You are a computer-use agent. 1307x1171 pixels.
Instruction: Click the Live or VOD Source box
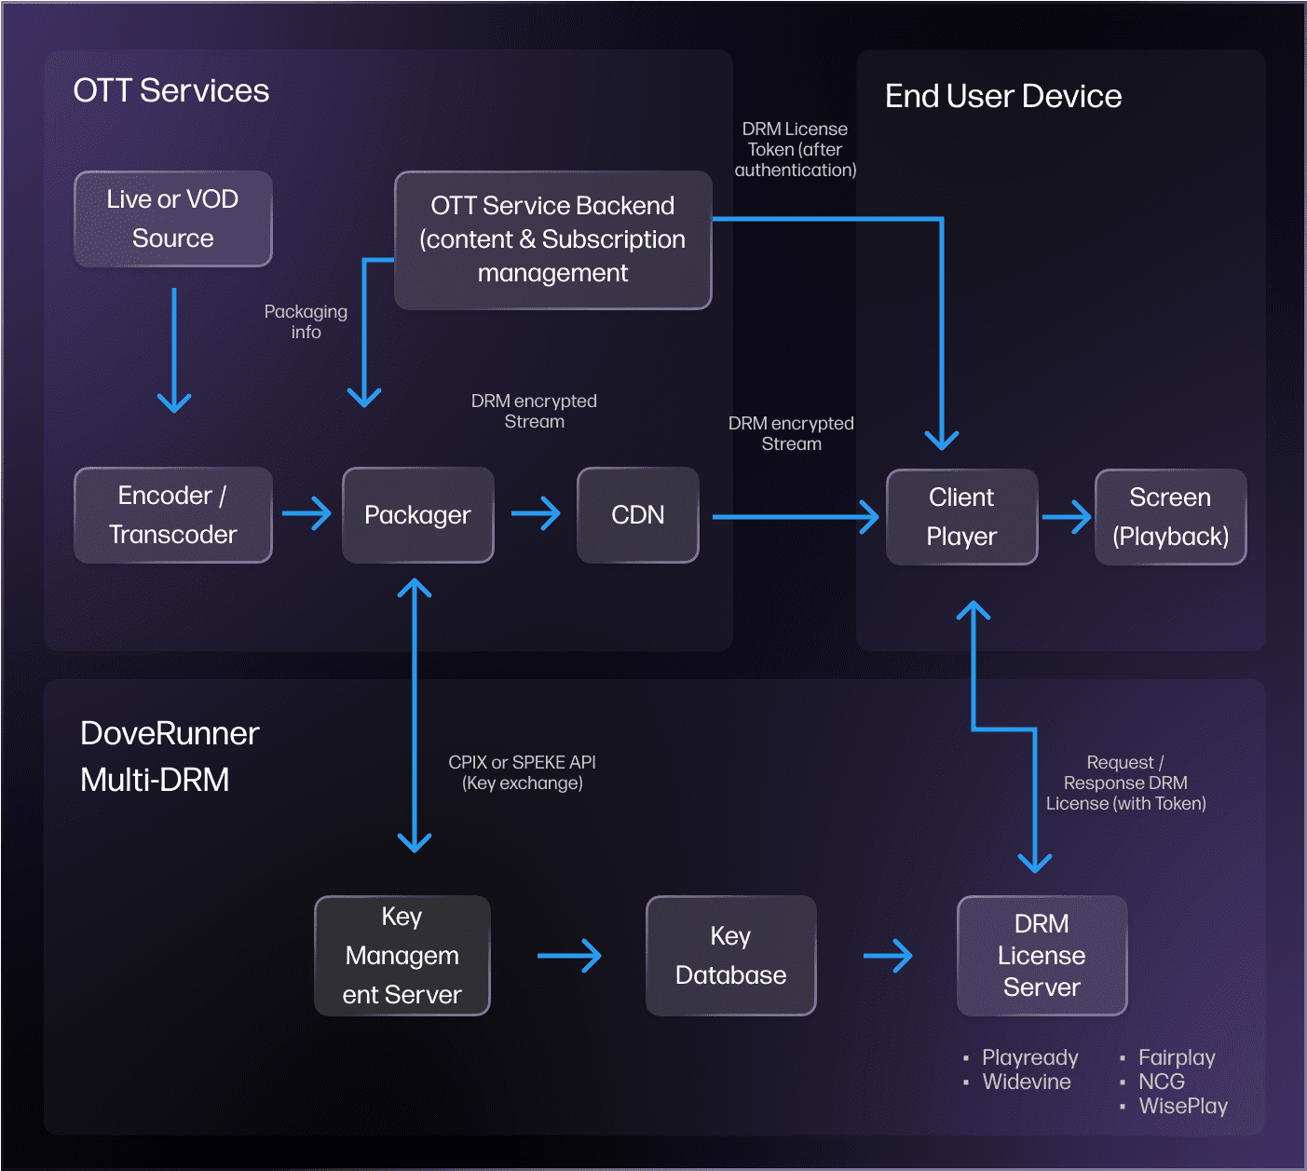coord(173,219)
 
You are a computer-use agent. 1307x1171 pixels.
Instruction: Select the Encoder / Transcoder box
coord(173,515)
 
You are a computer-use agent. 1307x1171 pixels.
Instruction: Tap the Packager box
coord(418,515)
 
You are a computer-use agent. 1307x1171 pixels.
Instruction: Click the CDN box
coord(638,515)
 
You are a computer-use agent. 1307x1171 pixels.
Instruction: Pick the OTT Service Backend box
coord(553,239)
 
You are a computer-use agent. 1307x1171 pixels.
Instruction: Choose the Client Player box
coord(961,517)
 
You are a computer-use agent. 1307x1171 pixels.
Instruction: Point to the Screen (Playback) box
coord(1171,517)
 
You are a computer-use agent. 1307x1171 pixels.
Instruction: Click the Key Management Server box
coord(402,956)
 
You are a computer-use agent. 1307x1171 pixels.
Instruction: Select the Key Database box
coord(731,956)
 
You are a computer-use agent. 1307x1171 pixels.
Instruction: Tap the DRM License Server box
coord(1042,956)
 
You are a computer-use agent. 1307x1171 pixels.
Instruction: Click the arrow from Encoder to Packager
coord(306,513)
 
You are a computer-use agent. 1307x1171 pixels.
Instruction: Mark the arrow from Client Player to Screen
coord(1067,517)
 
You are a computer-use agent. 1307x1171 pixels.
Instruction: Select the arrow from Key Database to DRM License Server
coord(888,956)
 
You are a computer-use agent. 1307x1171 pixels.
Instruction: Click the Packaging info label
coord(306,321)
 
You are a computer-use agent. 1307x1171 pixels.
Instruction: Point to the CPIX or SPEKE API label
coord(523,772)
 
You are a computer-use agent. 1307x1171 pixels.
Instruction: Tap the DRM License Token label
coord(796,149)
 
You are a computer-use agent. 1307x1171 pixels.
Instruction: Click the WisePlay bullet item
coord(1183,1106)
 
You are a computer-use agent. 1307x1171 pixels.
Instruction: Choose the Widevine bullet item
coord(1027,1082)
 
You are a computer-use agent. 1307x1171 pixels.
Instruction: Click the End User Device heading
coord(1003,96)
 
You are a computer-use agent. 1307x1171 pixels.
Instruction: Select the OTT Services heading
coord(171,90)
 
